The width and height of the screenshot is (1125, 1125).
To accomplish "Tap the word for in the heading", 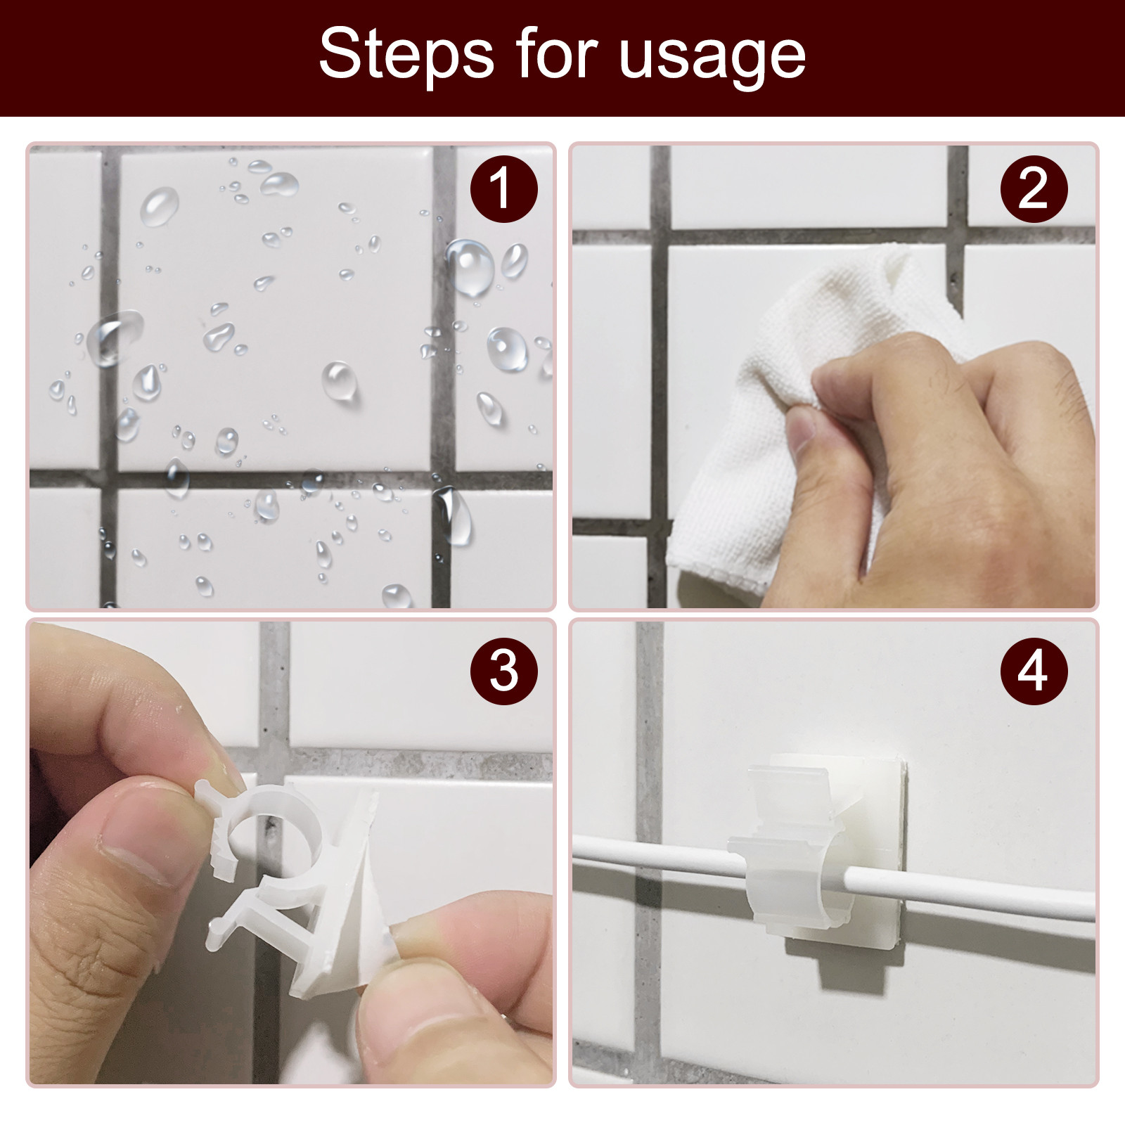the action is [x=556, y=54].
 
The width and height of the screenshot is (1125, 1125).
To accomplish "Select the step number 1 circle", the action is [x=503, y=188].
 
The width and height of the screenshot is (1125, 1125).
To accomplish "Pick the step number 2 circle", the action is [x=1034, y=188].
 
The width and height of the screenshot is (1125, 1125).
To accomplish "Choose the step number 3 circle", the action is [x=503, y=670].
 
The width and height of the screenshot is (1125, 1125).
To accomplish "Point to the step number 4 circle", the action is [x=1034, y=670].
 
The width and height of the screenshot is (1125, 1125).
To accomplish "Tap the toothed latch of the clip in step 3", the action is [x=218, y=830].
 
